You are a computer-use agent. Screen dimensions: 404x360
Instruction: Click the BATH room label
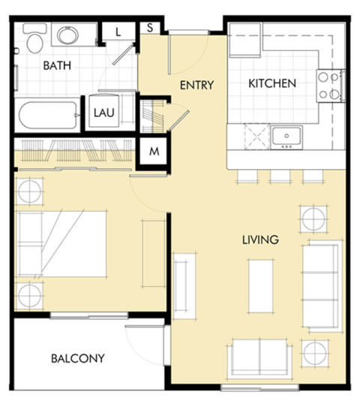point(57,66)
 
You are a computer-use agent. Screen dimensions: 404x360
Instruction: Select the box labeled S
point(150,28)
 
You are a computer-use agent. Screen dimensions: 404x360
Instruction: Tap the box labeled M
point(154,151)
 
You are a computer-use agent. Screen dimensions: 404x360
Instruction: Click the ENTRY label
point(196,85)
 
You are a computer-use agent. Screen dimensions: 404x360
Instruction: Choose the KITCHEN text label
point(272,83)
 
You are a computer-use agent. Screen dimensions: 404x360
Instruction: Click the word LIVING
point(260,240)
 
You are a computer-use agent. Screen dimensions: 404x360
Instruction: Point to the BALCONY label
point(78,358)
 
